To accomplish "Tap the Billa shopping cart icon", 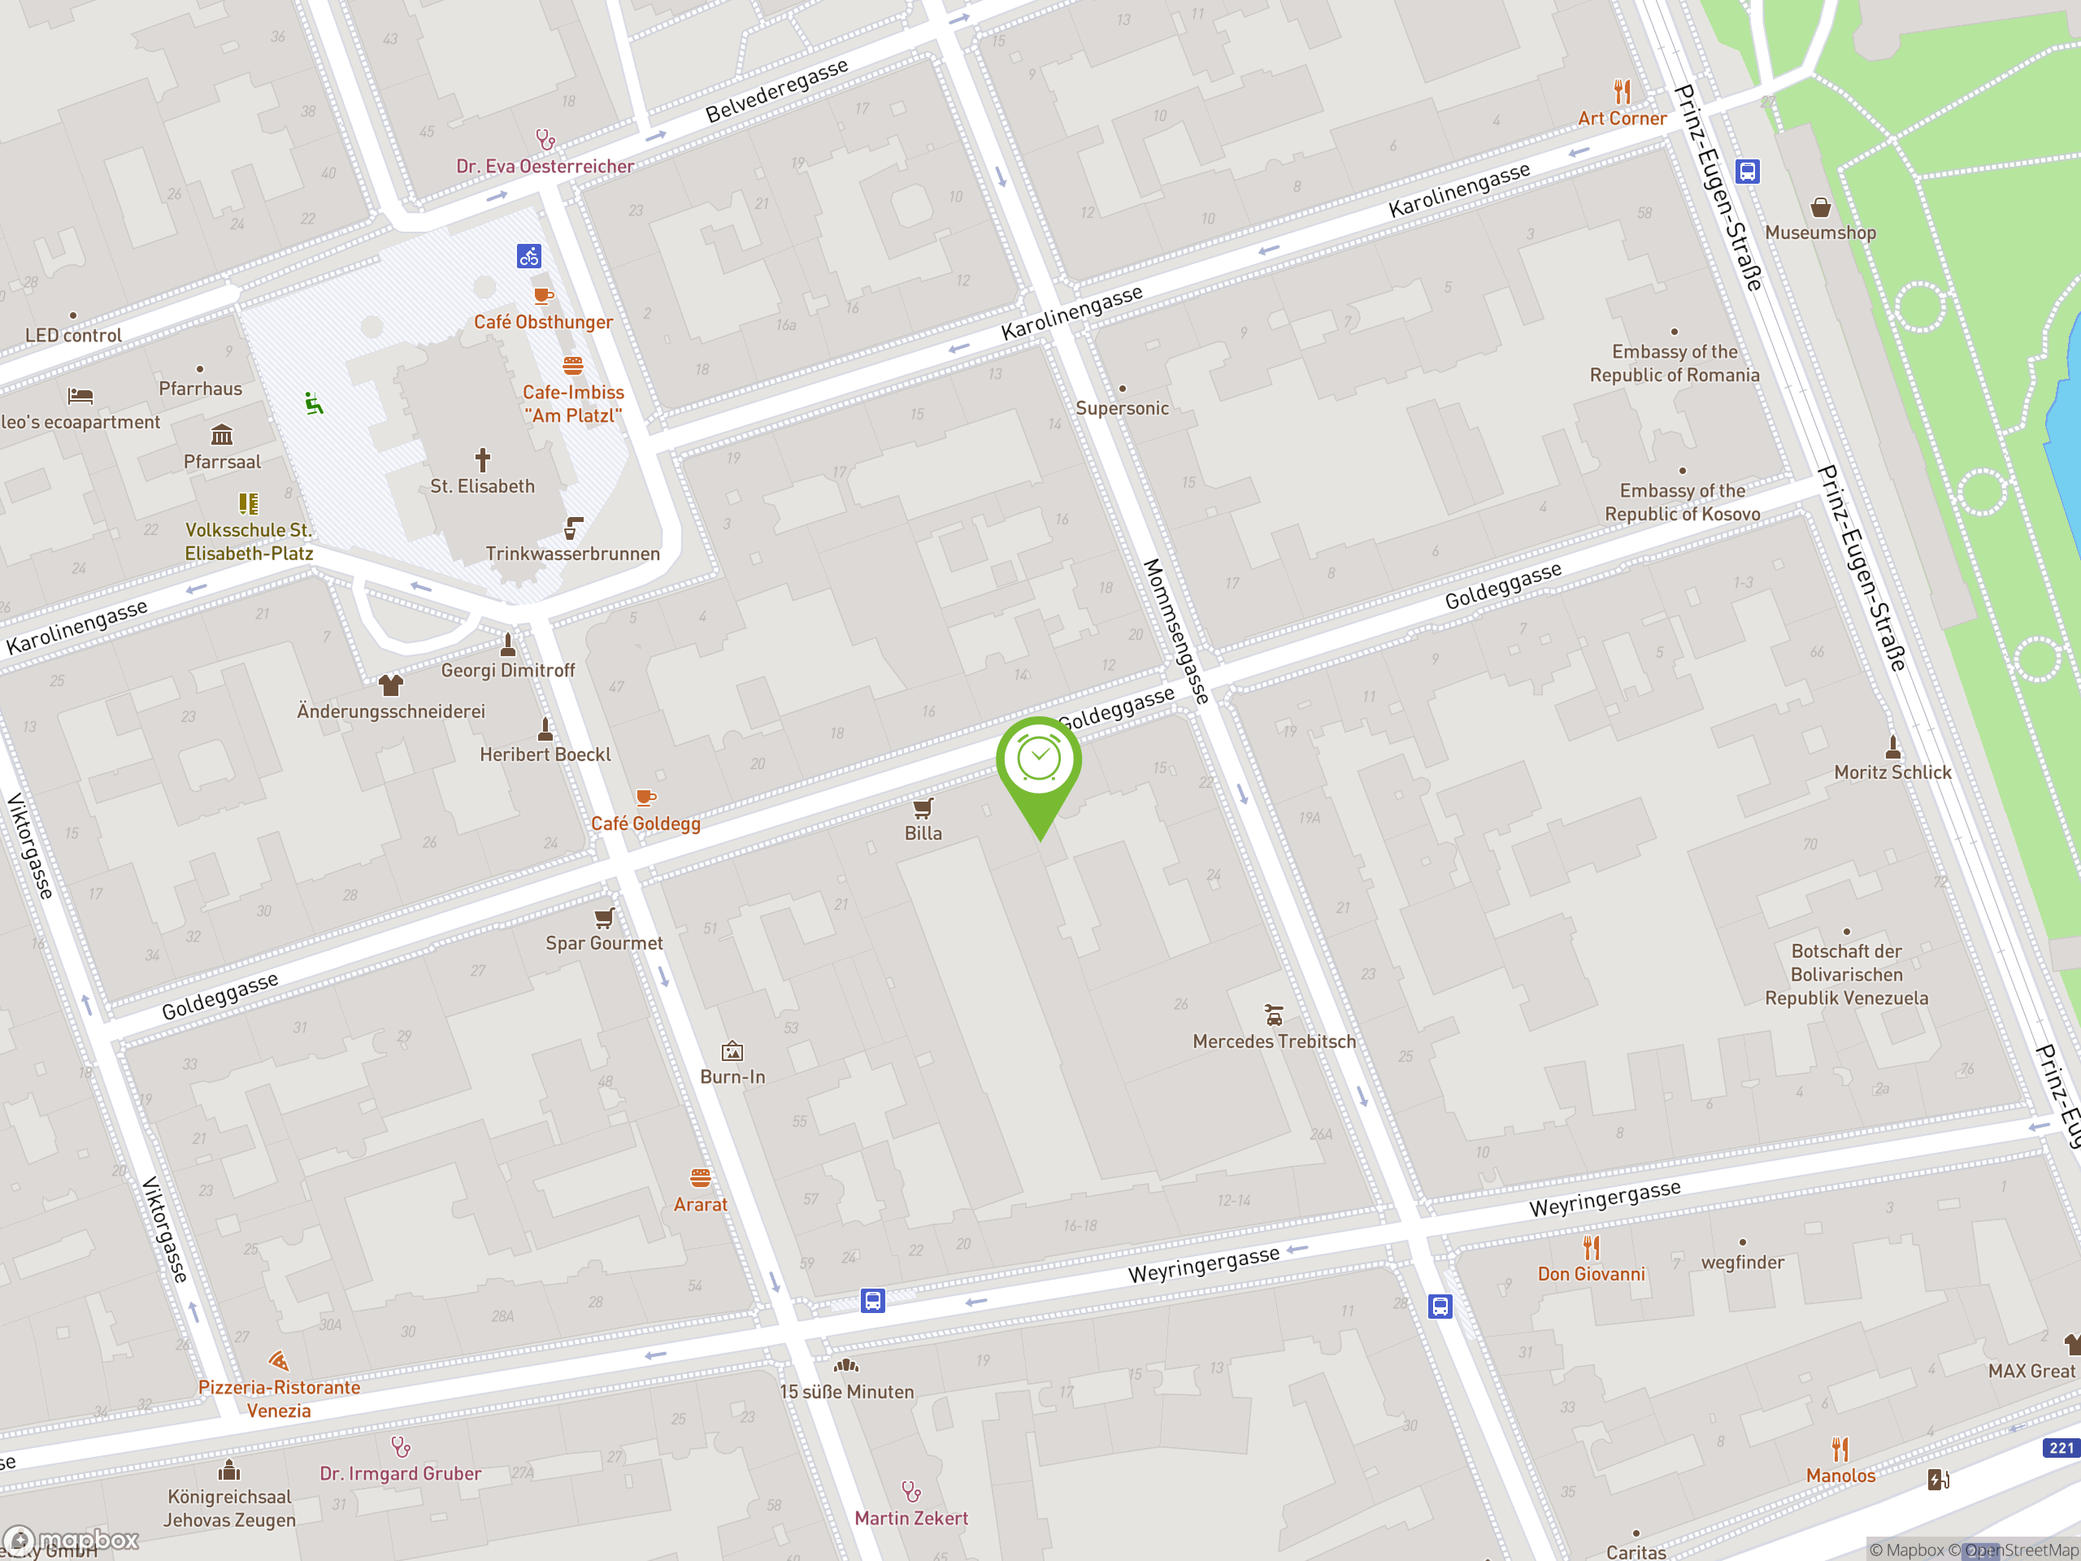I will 923,808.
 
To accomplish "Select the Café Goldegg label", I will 645,824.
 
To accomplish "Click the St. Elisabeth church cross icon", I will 483,459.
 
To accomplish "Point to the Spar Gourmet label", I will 604,943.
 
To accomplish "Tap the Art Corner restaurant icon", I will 1622,92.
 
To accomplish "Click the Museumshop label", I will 1819,233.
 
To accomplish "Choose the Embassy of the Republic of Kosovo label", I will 1682,502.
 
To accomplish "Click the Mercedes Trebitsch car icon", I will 1274,1015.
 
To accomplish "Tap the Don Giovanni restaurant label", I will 1591,1274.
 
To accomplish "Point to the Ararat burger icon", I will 700,1178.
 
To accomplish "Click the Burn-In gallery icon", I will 732,1051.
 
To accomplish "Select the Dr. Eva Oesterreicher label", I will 545,167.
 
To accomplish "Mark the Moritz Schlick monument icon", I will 1893,747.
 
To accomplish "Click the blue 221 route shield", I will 2061,1448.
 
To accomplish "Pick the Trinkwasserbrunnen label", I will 572,554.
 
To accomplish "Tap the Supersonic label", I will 1122,408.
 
